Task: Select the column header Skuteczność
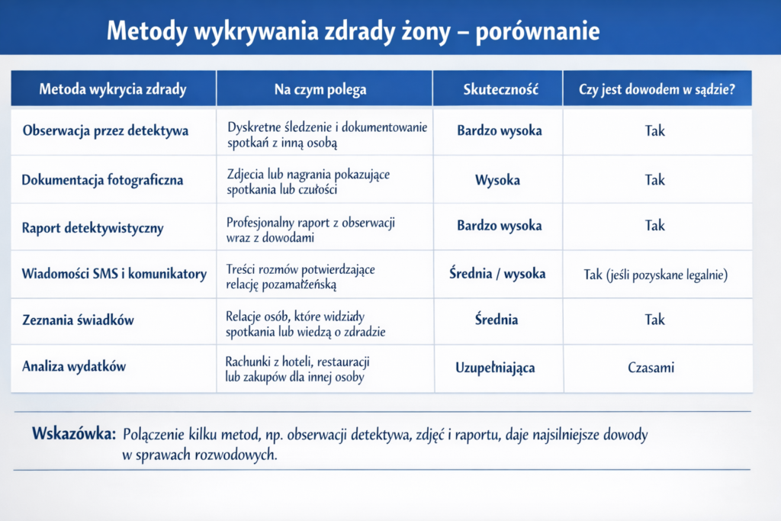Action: pos(501,89)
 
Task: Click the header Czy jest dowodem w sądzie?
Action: pos(657,89)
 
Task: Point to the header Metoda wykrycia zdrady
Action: pos(113,89)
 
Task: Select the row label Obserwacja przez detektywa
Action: pos(105,130)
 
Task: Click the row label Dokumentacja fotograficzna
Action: pos(102,180)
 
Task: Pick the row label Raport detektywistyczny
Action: pos(92,227)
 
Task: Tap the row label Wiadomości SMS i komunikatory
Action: pos(114,273)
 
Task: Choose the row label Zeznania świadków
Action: pos(78,320)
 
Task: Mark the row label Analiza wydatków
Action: pos(74,366)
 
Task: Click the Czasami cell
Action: pos(651,368)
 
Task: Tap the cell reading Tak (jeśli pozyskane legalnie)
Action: pos(655,274)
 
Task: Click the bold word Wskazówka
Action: pos(73,435)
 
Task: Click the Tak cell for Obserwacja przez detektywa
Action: pos(654,130)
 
